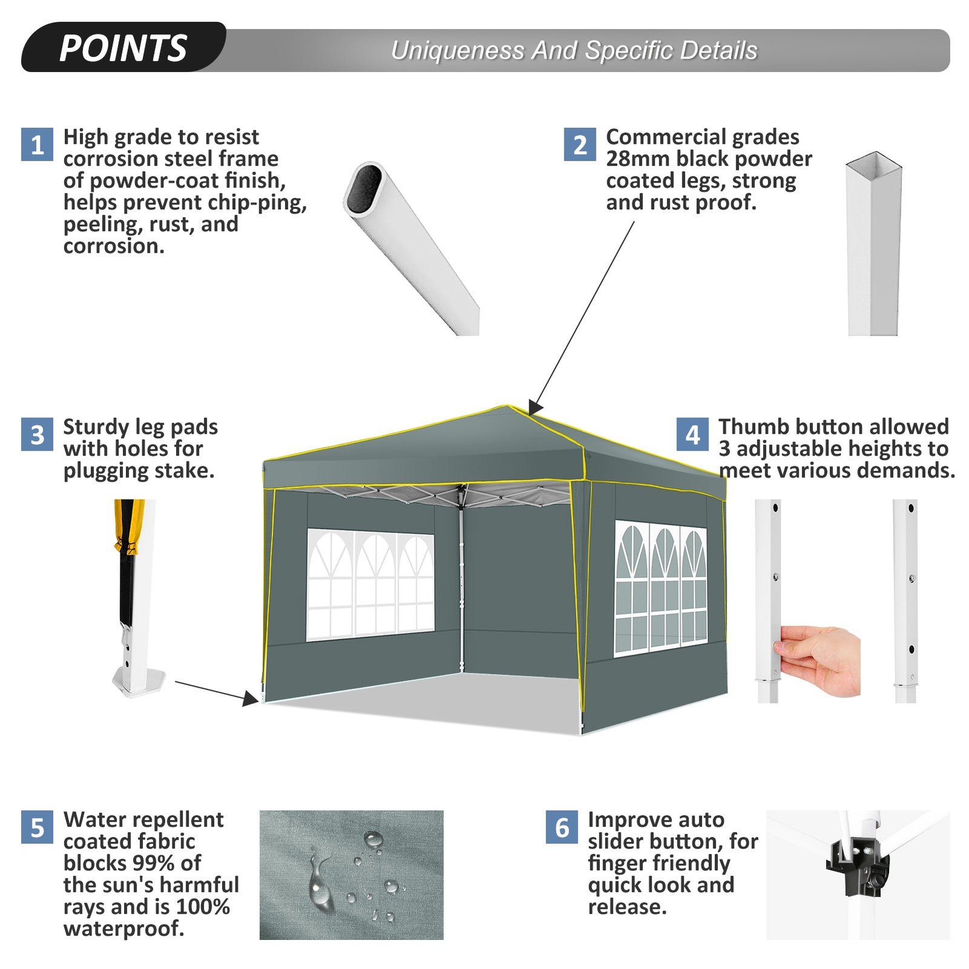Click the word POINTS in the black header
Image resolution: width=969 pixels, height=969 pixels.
124,48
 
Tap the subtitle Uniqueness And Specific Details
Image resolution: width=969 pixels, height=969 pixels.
574,51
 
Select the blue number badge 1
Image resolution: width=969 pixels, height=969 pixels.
37,144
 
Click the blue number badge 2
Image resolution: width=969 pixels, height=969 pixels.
580,144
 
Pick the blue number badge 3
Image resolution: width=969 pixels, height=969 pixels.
37,434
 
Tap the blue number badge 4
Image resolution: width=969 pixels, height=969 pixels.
692,434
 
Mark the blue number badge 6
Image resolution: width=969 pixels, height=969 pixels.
561,827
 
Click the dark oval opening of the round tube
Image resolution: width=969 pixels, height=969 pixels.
365,188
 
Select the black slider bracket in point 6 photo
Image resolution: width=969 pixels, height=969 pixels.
857,866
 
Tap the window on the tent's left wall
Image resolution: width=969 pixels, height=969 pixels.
370,584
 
